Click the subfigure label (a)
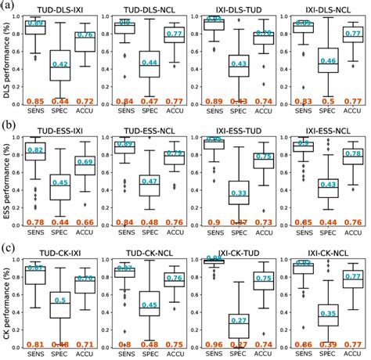click(9, 6)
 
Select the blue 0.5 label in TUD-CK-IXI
click(59, 300)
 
